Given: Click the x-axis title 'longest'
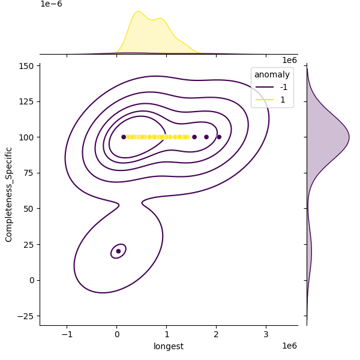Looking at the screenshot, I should point(169,346).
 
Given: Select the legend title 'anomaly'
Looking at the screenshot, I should point(272,74).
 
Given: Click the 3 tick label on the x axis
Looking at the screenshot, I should point(266,334).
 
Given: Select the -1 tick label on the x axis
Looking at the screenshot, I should point(67,334).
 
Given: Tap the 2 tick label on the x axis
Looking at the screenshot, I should point(217,334).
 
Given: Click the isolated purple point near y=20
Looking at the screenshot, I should point(118,251).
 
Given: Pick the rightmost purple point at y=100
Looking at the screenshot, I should point(219,137).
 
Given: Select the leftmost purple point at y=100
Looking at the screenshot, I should point(124,137).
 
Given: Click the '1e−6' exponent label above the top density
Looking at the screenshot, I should point(51,4).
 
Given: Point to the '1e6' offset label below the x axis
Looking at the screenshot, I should point(289,346).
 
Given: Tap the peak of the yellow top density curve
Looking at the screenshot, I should point(139,11).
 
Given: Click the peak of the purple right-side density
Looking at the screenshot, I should point(349,137).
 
